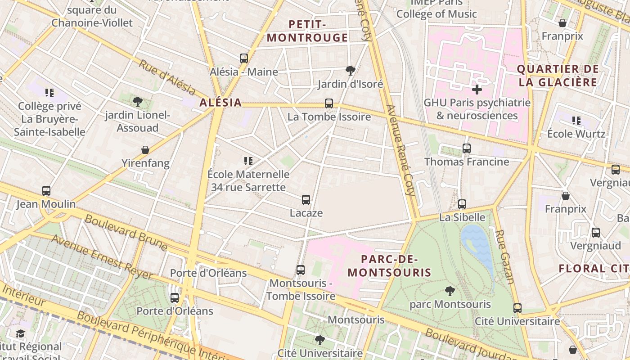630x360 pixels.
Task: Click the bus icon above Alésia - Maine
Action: (244, 58)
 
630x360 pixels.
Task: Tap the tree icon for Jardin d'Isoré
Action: (350, 70)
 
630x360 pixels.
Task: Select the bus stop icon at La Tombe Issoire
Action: (329, 103)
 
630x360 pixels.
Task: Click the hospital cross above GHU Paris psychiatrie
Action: (477, 89)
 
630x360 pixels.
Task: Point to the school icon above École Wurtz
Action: (576, 121)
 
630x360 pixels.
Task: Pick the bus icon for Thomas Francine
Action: (467, 148)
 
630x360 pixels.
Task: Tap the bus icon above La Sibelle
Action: (462, 204)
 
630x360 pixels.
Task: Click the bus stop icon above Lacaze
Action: (306, 199)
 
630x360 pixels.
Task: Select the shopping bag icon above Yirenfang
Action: (145, 149)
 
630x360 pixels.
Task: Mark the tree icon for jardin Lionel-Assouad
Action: (138, 101)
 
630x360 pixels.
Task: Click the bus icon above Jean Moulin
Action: (46, 191)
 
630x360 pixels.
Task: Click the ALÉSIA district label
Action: (220, 103)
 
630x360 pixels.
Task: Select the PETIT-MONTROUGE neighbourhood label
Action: (308, 31)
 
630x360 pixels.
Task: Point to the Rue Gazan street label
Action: (505, 257)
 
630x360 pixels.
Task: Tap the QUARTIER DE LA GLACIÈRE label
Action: (558, 76)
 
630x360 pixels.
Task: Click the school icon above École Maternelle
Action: (248, 161)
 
